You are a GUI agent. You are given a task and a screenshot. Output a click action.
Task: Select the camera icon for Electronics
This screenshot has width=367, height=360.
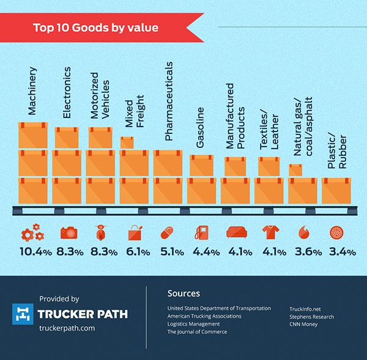click(67, 232)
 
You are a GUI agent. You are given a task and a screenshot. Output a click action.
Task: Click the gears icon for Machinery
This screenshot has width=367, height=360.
click(32, 232)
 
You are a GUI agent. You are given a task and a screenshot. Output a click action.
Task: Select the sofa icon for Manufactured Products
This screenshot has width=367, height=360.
click(235, 232)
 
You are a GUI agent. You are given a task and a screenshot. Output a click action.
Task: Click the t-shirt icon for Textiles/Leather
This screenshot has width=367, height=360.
click(269, 232)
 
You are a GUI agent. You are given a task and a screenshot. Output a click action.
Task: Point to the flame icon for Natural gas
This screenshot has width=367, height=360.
click(303, 232)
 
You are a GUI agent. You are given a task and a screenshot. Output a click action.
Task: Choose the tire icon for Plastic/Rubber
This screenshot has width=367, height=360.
click(336, 232)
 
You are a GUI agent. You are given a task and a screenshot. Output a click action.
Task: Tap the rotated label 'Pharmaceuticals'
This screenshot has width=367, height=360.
click(169, 101)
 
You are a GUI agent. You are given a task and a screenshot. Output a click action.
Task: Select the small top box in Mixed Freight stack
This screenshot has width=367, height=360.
click(127, 142)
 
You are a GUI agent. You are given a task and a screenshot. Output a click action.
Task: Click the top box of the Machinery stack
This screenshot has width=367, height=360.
click(32, 135)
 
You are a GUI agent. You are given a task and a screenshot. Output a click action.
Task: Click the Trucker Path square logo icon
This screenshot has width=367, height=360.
click(23, 314)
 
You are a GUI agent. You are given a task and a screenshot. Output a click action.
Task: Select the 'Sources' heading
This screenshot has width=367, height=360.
click(183, 293)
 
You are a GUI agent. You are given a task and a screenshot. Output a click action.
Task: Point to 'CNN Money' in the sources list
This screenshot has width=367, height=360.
click(303, 325)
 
